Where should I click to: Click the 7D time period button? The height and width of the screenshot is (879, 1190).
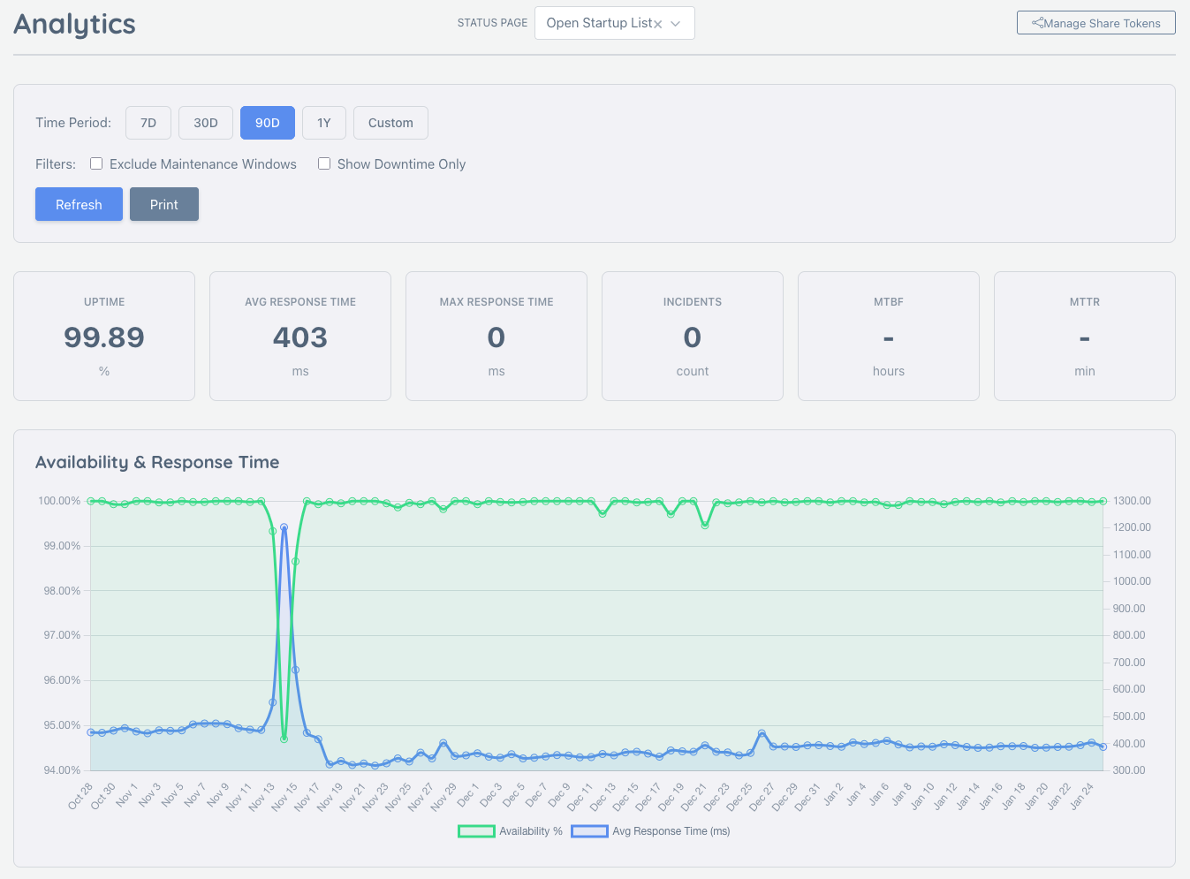[x=148, y=123]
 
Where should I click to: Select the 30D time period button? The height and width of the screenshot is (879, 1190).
[x=206, y=123]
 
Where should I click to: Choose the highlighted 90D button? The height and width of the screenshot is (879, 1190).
[x=268, y=123]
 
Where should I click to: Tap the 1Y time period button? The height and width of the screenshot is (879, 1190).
[x=324, y=123]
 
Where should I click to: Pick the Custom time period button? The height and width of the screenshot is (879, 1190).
[x=390, y=123]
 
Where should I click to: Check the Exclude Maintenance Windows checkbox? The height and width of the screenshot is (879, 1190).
[x=96, y=163]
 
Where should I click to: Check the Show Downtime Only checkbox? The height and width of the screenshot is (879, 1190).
[x=324, y=163]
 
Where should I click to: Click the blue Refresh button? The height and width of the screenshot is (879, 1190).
[x=79, y=204]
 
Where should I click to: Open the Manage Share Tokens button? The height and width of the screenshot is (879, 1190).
[x=1095, y=23]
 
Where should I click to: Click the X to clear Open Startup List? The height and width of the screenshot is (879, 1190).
[x=657, y=24]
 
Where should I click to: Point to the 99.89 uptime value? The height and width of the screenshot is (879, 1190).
[x=104, y=337]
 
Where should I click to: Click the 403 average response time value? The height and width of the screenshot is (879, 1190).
[x=300, y=337]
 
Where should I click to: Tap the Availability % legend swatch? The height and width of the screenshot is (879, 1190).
[x=476, y=831]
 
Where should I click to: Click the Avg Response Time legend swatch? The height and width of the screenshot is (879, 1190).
[x=589, y=831]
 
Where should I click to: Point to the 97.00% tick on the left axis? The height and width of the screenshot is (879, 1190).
[x=62, y=635]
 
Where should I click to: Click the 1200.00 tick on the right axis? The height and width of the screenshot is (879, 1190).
[x=1132, y=527]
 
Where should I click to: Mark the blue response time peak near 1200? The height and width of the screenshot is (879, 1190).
[x=284, y=527]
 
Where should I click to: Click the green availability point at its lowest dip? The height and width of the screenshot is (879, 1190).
[x=284, y=739]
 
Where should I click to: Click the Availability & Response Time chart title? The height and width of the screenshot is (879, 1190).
[x=157, y=462]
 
